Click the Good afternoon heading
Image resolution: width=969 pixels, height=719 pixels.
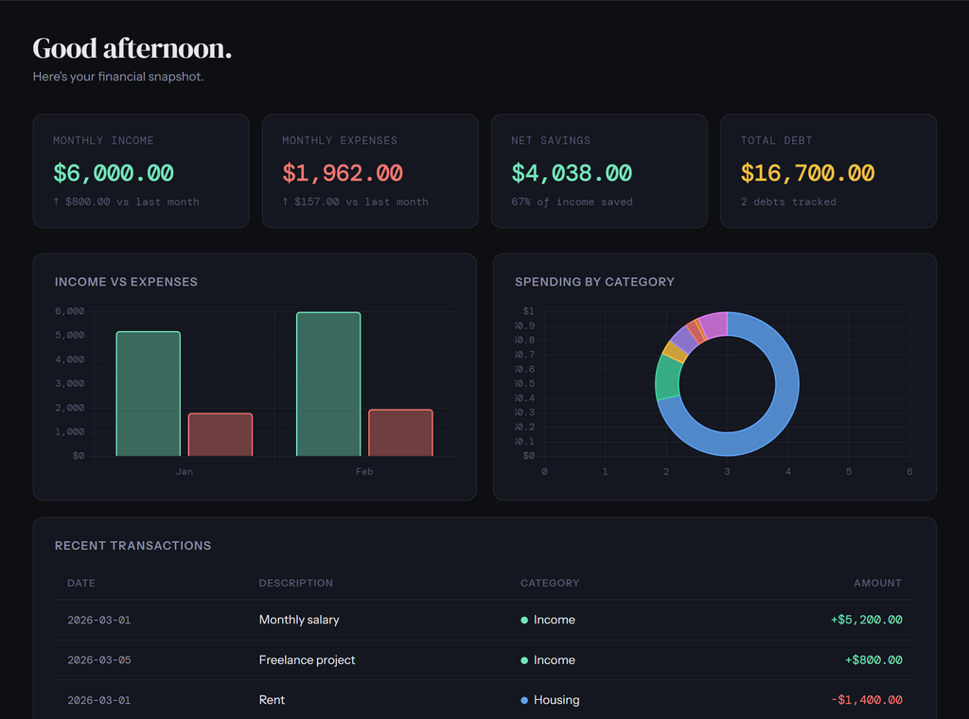(132, 48)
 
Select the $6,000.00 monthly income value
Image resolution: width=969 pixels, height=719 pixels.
(114, 173)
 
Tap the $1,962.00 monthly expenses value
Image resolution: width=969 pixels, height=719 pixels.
(342, 173)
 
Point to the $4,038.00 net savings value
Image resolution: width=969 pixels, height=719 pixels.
(572, 173)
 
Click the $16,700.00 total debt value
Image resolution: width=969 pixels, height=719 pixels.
(807, 173)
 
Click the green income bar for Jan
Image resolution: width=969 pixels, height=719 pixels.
(148, 394)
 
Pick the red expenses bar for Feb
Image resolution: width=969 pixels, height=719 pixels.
(400, 432)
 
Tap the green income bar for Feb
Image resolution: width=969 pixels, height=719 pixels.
(328, 384)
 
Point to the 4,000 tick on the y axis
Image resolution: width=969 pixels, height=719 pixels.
(70, 359)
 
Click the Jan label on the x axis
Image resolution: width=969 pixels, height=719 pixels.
(184, 471)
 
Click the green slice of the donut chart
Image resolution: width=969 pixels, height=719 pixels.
(667, 377)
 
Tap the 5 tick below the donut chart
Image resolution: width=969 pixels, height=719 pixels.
(849, 471)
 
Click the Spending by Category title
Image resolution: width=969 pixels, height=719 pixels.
(594, 282)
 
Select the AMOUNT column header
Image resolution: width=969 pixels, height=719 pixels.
(877, 583)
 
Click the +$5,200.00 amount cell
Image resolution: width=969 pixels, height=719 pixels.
(866, 621)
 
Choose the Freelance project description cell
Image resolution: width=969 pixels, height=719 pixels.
(307, 660)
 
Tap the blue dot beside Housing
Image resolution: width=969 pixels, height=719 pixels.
(524, 700)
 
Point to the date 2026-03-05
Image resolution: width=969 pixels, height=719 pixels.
(98, 660)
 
